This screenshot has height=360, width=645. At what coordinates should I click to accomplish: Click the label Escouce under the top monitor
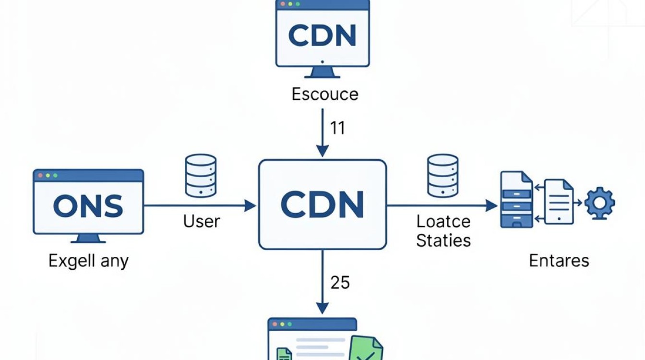[325, 94]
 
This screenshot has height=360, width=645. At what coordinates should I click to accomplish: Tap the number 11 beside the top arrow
[337, 128]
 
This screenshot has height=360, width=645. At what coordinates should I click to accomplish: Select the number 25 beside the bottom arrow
[340, 282]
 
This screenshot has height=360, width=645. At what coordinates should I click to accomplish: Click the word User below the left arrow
[202, 221]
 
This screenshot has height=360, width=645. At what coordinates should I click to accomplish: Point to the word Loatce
[443, 221]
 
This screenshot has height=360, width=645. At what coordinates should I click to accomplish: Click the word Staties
[443, 240]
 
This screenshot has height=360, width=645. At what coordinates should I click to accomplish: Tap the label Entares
[559, 261]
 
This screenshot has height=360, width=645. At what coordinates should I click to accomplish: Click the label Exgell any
[88, 261]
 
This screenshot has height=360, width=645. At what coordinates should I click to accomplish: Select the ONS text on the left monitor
[88, 205]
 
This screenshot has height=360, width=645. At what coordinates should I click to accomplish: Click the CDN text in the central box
[322, 205]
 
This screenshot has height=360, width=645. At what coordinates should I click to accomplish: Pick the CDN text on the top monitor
[322, 36]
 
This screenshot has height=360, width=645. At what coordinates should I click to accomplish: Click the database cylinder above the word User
[201, 176]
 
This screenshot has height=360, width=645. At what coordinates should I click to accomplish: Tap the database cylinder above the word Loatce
[443, 176]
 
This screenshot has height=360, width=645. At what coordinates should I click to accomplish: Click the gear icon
[600, 203]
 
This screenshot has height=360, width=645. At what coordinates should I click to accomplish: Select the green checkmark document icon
[366, 348]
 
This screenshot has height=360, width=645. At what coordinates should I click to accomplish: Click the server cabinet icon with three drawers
[516, 200]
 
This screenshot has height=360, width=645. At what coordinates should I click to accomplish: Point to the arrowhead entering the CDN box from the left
[250, 205]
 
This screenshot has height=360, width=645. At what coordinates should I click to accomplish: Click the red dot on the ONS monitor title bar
[40, 175]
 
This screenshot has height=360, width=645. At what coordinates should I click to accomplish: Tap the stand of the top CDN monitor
[322, 72]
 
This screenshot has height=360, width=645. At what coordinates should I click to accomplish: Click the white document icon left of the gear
[559, 202]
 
